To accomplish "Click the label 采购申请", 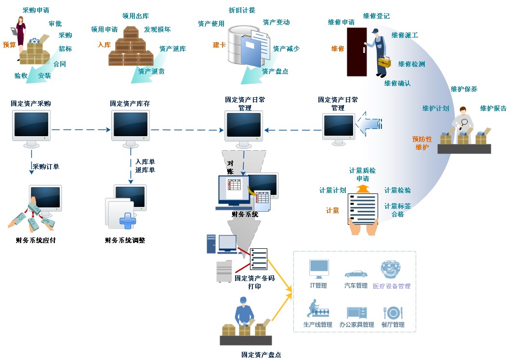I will (x=36, y=10).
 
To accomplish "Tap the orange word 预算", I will (x=10, y=45).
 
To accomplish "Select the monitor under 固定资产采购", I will (x=31, y=126).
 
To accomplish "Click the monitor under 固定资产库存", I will (x=131, y=126).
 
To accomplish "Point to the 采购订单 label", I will (x=46, y=167).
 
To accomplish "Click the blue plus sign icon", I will (x=128, y=221).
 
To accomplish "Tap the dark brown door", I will (x=357, y=52).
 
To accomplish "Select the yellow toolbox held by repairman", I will (x=384, y=62).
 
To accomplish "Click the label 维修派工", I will (x=405, y=35).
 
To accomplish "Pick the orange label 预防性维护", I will (x=422, y=143).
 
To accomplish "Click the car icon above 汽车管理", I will (x=356, y=274).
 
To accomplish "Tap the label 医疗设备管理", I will (x=392, y=286).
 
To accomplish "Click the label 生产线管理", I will (x=318, y=325).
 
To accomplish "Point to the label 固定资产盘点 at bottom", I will (x=261, y=355).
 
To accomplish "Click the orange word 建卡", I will (x=219, y=45).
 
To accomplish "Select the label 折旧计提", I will (x=242, y=10).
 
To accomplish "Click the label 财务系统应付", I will (x=36, y=240).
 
